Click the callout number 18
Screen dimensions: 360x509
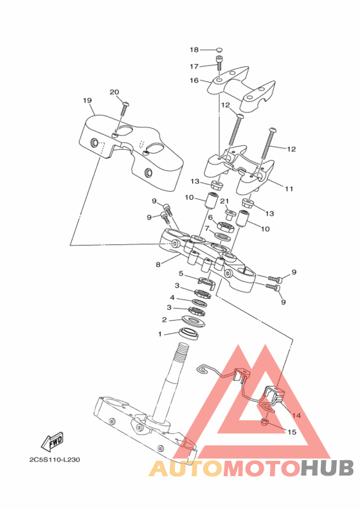[194, 49]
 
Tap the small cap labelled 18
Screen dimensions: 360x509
[220, 49]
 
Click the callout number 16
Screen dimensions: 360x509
[194, 80]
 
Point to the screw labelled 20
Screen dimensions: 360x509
[124, 109]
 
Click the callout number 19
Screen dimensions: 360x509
[87, 100]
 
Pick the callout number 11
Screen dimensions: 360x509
[289, 188]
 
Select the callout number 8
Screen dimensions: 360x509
[158, 265]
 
